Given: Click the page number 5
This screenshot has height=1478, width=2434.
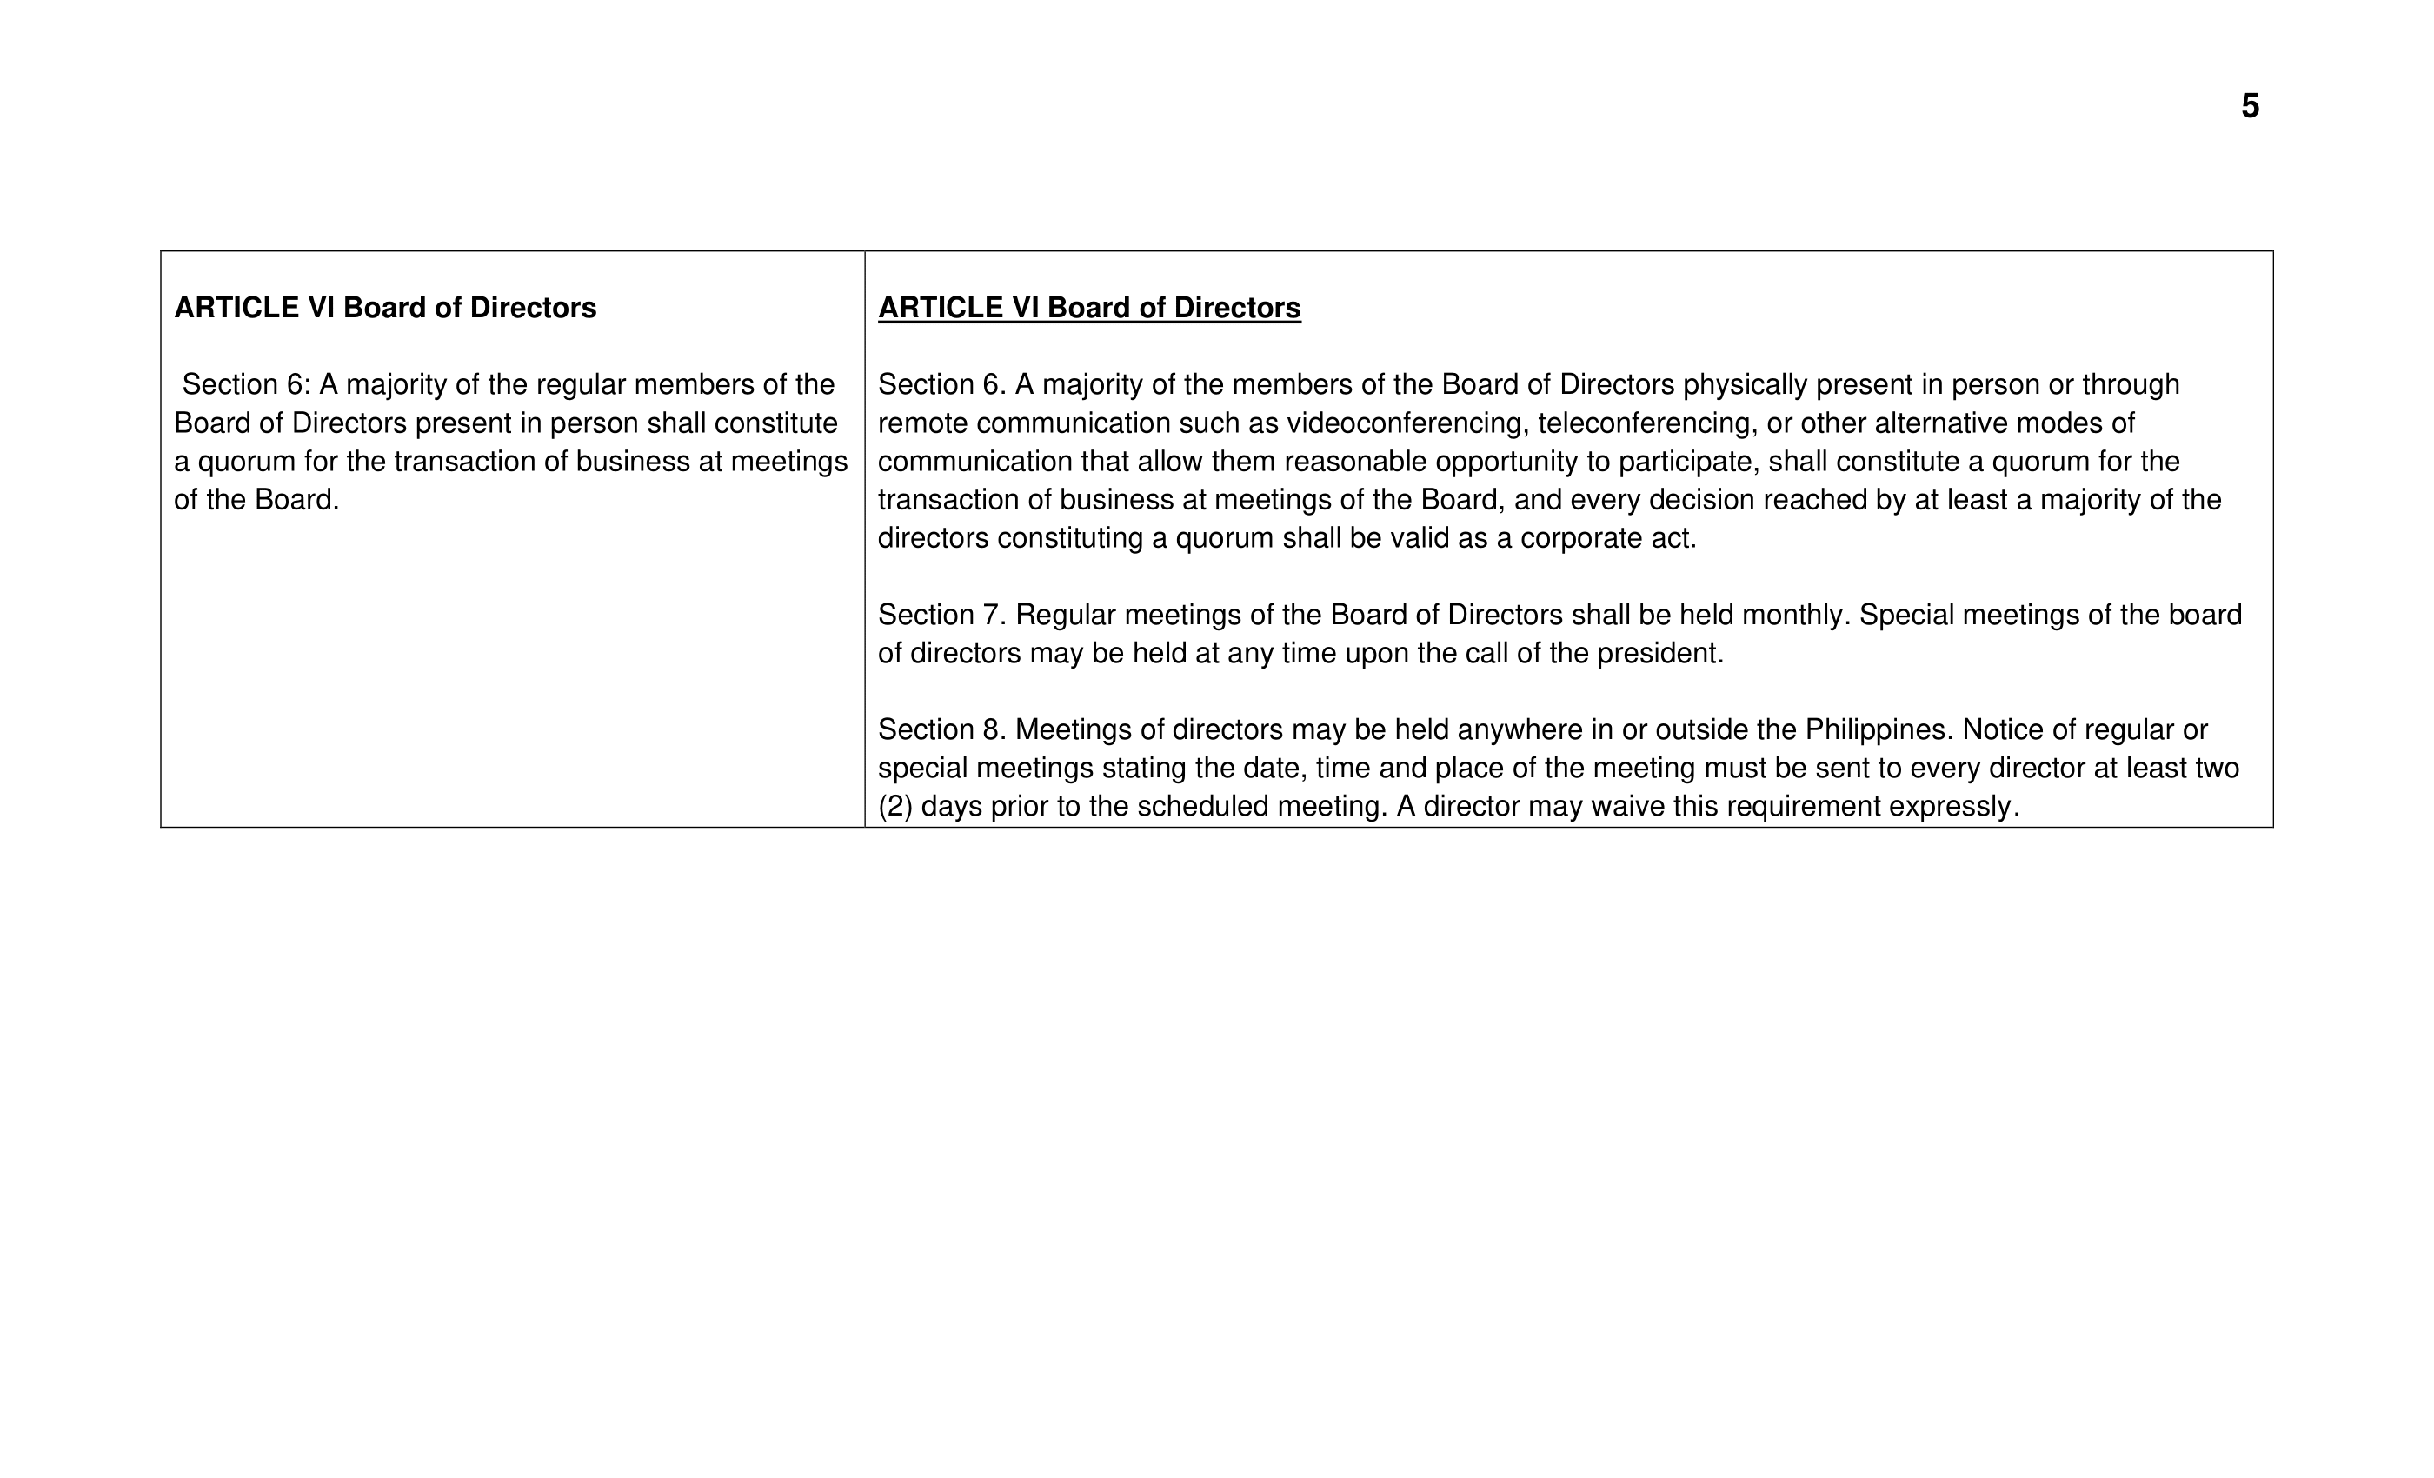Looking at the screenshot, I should click(x=2250, y=107).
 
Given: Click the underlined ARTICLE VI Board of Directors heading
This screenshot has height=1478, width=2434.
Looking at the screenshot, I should click(x=1088, y=309).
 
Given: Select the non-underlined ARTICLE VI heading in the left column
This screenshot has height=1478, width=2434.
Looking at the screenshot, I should click(x=385, y=309).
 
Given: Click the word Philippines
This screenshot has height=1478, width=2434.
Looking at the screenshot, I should click(x=1874, y=730).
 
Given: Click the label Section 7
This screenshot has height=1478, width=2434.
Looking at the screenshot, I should click(x=941, y=616).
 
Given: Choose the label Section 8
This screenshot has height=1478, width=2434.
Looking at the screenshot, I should click(x=941, y=730).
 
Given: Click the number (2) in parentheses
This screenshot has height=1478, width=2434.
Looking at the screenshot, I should click(x=895, y=807).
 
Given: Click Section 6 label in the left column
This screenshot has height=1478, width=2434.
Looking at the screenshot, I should click(x=246, y=385).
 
